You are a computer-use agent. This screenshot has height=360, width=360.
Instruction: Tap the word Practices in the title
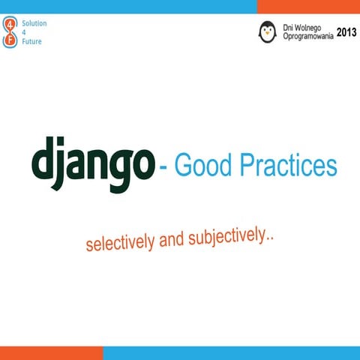coord(289,166)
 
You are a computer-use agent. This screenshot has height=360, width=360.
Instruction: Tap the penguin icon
coord(267,31)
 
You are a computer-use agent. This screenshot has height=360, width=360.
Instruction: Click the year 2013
coord(346,32)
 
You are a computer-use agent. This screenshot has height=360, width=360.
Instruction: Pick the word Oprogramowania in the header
coord(307,36)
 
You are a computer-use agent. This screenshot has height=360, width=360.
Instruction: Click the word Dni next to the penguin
coord(289,27)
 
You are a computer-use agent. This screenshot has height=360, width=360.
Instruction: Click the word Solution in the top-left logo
coord(34,23)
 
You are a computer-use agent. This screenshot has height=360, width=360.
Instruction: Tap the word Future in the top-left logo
coord(31,41)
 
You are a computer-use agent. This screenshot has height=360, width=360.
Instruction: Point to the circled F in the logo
coord(10,41)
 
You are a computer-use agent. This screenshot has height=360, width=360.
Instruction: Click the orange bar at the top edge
coord(308,6)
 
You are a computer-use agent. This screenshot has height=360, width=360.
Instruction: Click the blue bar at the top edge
coord(127,6)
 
